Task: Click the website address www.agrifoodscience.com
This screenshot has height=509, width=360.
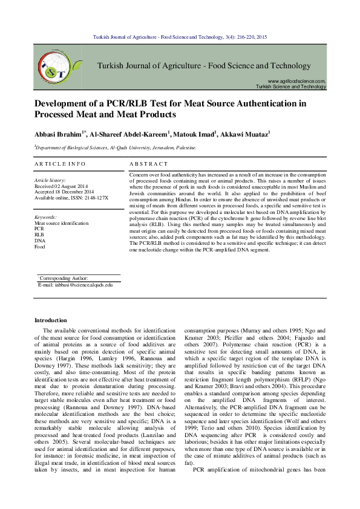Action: pyautogui.click(x=296, y=80)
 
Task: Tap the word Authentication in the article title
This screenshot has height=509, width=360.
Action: pyautogui.click(x=267, y=103)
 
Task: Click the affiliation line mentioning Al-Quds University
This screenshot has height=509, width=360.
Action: pyautogui.click(x=115, y=147)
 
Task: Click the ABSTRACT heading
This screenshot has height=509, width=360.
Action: pyautogui.click(x=149, y=164)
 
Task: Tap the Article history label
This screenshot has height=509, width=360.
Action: pyautogui.click(x=50, y=180)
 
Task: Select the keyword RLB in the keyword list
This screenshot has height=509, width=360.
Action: pyautogui.click(x=39, y=235)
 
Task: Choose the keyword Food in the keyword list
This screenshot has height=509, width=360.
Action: pyautogui.click(x=40, y=247)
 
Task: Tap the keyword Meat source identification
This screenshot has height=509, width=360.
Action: pyautogui.click(x=61, y=222)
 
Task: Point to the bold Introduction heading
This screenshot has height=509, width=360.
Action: pyautogui.click(x=51, y=320)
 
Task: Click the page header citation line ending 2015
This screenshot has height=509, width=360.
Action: pyautogui.click(x=180, y=37)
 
